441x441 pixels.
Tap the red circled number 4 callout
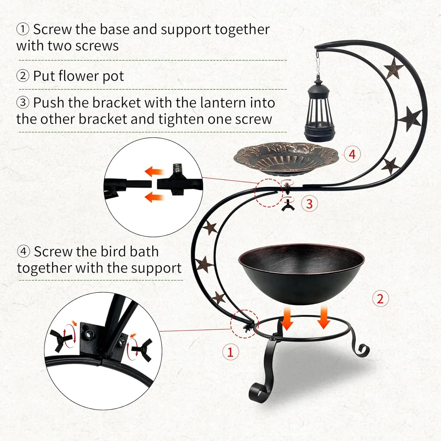[352, 154]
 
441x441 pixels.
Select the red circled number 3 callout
[309, 204]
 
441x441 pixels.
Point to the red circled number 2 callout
[380, 299]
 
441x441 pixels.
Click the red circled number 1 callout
[230, 352]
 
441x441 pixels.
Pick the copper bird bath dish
[286, 159]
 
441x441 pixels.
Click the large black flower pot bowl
[301, 273]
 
